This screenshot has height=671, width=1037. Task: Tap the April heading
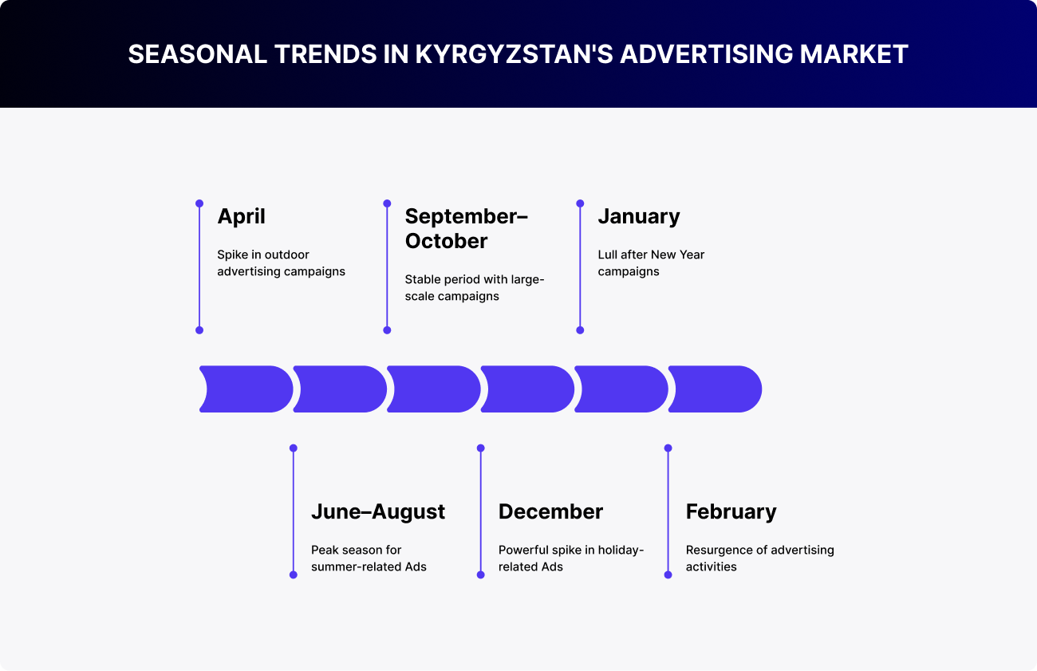(x=241, y=217)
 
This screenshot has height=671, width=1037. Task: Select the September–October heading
(x=466, y=228)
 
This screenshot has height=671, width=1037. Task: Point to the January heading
(x=639, y=217)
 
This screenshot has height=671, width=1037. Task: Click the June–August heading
(x=378, y=511)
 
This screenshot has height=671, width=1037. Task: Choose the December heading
(x=550, y=511)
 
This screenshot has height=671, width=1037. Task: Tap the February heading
(x=731, y=511)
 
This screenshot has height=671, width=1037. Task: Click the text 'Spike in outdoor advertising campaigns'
(x=281, y=263)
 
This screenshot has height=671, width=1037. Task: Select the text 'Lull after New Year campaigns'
(x=651, y=263)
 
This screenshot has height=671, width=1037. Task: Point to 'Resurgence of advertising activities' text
(x=759, y=558)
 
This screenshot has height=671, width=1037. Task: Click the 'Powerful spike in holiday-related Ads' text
(x=571, y=558)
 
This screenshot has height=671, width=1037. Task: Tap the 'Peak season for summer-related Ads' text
(x=369, y=558)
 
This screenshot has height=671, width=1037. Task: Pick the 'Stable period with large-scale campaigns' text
(x=475, y=287)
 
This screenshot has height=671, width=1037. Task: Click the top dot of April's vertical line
(x=199, y=203)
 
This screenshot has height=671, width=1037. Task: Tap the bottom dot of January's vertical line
(x=580, y=330)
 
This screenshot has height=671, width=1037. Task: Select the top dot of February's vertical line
(x=668, y=448)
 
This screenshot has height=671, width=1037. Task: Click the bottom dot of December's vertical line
(x=480, y=574)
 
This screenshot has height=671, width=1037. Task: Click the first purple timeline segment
(x=246, y=389)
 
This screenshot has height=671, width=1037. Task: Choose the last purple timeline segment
(x=716, y=389)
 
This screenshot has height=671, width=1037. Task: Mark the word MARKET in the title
(x=854, y=53)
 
